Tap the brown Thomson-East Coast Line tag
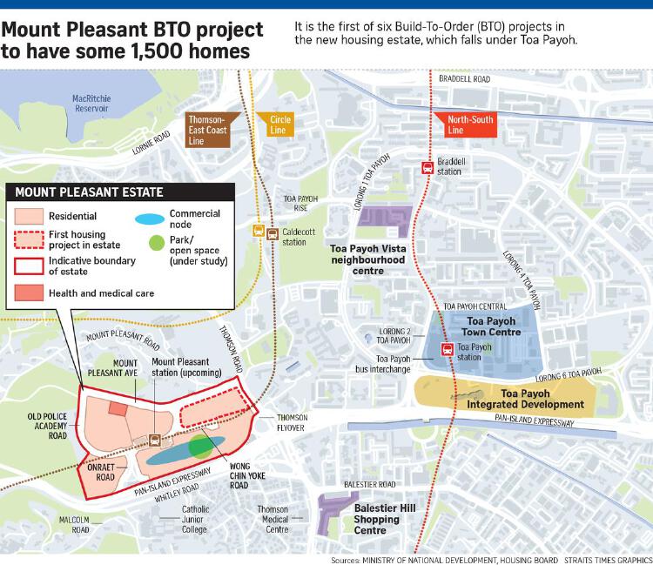point(205,126)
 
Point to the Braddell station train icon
point(427,166)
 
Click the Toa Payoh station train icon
point(447,351)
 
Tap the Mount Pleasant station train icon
point(155,440)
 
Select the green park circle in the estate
point(202,447)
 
